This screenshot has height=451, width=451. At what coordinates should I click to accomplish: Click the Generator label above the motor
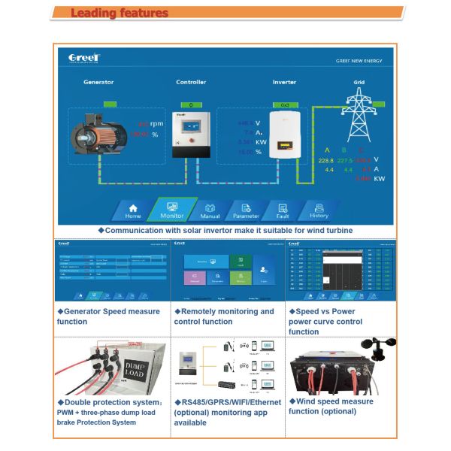[x=98, y=82]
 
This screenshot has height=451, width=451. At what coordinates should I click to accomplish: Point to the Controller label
[x=191, y=82]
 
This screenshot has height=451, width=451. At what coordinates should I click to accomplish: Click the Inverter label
[x=284, y=82]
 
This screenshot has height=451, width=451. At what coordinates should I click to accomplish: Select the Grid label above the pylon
[x=359, y=82]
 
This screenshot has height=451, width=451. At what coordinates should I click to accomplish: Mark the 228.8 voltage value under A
[x=325, y=160]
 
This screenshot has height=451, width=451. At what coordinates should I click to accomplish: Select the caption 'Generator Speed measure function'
[x=108, y=316]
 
